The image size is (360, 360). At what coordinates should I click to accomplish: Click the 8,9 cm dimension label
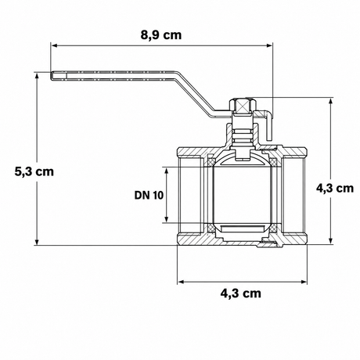(x=161, y=35)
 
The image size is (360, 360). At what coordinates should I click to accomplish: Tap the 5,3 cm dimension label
(x=34, y=171)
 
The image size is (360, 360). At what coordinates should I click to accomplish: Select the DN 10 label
(x=149, y=195)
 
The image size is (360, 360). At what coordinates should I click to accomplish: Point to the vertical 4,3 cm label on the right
(x=335, y=188)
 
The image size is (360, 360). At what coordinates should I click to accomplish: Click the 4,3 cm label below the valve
(x=241, y=293)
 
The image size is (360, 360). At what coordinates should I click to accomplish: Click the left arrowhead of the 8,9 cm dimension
(x=54, y=45)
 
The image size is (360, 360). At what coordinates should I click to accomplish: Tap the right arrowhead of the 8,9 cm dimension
(x=269, y=45)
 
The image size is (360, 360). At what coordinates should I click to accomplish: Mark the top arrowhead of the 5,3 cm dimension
(x=37, y=76)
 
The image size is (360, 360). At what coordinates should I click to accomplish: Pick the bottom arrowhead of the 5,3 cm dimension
(x=37, y=242)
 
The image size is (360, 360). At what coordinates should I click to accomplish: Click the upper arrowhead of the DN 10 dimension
(x=166, y=171)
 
